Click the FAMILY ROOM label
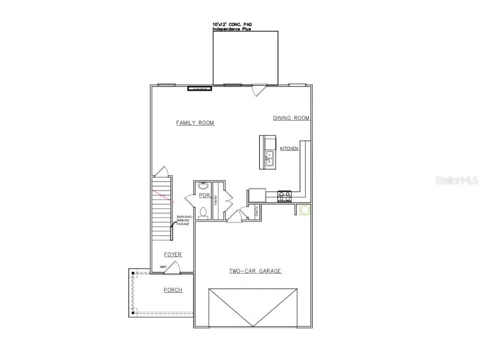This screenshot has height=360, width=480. click(x=195, y=123)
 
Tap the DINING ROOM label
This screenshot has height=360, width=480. click(x=291, y=118)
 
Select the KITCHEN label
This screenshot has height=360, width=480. click(x=289, y=149)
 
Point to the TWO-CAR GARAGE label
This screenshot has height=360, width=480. click(x=255, y=271)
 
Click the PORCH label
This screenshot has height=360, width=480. click(x=172, y=290)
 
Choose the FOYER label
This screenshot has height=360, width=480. click(x=172, y=255)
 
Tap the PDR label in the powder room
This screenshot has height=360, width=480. click(x=203, y=195)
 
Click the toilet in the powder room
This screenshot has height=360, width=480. click(x=204, y=213)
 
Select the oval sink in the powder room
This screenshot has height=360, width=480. click(x=204, y=186)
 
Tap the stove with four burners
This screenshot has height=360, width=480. click(x=285, y=196)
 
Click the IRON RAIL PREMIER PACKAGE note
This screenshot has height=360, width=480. click(x=183, y=220)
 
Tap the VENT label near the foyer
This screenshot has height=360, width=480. click(x=163, y=267)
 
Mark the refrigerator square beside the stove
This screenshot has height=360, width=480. click(x=257, y=195)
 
